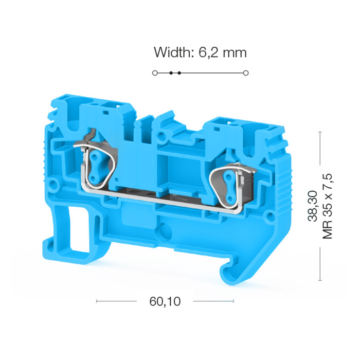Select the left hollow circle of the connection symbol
[x=155, y=73]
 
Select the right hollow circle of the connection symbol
[x=246, y=73]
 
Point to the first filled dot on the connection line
[x=171, y=73]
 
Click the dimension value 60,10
[x=165, y=301]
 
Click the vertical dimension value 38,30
[x=312, y=206]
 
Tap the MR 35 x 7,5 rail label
[x=328, y=206]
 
